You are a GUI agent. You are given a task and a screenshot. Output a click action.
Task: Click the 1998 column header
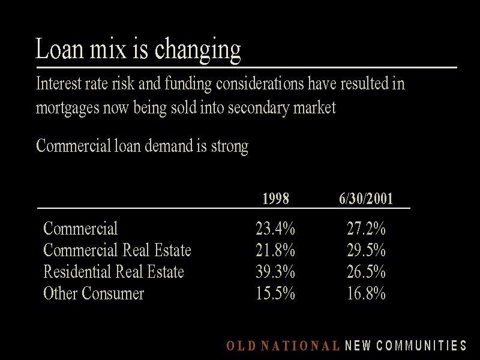point(275,199)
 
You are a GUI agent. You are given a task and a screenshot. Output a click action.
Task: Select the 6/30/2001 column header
point(366,199)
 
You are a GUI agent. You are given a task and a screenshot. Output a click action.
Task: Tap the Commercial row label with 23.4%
point(80,229)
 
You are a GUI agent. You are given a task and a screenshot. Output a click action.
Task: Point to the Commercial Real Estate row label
point(117,250)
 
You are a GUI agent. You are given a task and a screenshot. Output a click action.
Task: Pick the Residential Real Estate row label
point(113,272)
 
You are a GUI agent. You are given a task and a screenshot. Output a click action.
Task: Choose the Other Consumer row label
point(94,293)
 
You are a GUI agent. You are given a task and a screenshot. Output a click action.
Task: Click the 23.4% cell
point(275,229)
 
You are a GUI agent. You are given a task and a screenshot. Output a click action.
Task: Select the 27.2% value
point(366,229)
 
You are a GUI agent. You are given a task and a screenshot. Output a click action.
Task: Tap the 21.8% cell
point(275,250)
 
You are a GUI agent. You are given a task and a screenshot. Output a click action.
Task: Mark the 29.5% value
point(366,250)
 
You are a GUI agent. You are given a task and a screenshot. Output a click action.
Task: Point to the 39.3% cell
point(275,272)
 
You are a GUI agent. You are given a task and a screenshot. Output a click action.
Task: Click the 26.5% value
point(366,272)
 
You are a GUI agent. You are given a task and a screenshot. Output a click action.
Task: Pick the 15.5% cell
point(275,293)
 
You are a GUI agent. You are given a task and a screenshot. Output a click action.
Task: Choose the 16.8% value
point(366,293)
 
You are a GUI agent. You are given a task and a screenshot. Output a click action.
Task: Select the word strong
point(229,146)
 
